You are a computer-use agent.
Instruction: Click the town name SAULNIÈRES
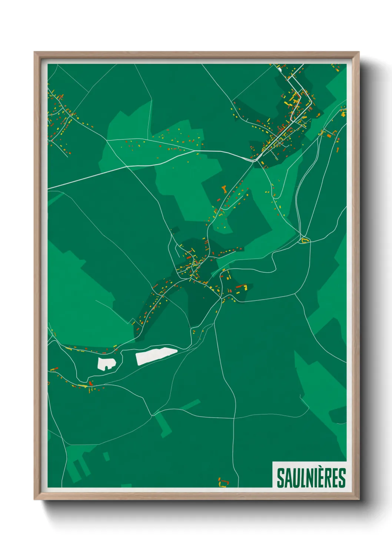coord(311,478)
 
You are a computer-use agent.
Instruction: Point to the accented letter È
coord(320,477)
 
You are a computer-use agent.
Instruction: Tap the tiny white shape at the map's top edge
coord(279,68)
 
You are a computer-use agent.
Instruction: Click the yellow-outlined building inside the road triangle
coord(305,241)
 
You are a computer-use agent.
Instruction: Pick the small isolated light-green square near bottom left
coord(106,456)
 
